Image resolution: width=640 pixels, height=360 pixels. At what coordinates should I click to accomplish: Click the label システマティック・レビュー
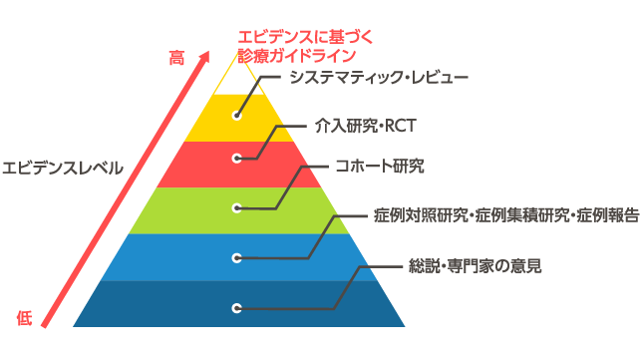(x=378, y=76)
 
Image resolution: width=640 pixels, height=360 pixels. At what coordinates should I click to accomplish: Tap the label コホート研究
(x=379, y=166)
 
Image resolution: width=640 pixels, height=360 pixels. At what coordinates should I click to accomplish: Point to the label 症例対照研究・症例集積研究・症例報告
(x=505, y=215)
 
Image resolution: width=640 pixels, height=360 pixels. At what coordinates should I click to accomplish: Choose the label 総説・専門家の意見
(x=476, y=266)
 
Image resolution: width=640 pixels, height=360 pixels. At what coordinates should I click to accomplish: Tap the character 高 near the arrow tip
(x=176, y=59)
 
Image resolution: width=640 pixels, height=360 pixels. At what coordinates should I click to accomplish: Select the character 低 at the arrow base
(x=25, y=318)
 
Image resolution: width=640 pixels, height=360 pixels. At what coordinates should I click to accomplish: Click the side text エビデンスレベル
(x=63, y=168)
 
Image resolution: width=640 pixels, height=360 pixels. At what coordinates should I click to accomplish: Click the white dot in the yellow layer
(x=237, y=115)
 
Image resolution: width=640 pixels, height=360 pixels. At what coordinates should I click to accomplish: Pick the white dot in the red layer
(x=237, y=158)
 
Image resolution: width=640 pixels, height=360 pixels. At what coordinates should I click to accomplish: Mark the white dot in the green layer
(x=237, y=207)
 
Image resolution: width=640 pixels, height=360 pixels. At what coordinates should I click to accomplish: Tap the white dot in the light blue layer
(x=237, y=257)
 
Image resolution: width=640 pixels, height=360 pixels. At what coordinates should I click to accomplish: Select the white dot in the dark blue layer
(x=237, y=308)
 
